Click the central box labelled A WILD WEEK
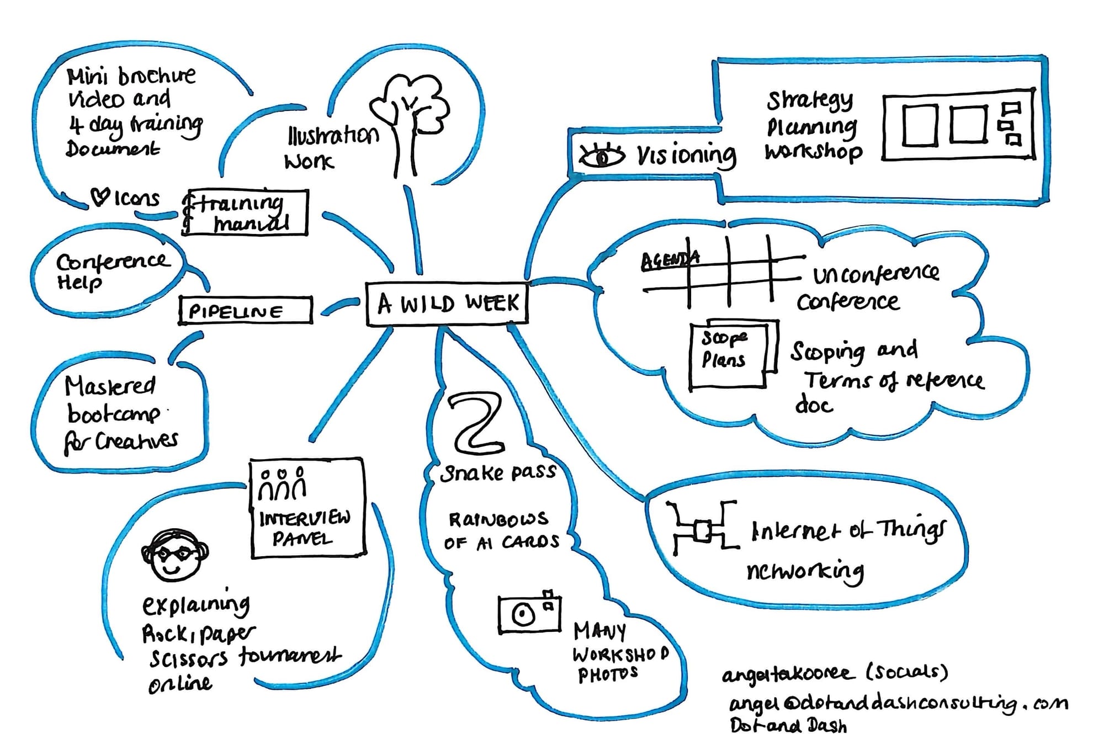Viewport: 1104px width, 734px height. click(447, 304)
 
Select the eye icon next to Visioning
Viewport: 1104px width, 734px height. click(601, 156)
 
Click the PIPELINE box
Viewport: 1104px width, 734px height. click(245, 311)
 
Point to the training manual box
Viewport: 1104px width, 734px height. click(245, 213)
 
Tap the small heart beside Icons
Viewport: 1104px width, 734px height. click(99, 196)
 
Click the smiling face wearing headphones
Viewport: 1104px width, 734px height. click(174, 555)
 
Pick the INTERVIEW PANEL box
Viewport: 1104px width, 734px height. click(307, 508)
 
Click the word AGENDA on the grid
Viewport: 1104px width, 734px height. click(669, 259)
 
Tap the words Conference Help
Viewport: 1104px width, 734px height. click(110, 270)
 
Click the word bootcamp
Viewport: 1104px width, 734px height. click(113, 414)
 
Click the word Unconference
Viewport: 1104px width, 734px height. click(875, 273)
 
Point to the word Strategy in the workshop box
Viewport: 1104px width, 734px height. click(809, 100)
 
